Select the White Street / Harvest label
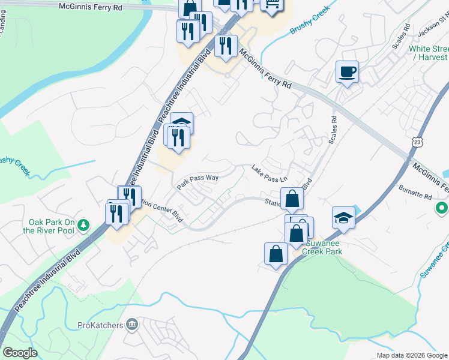428,53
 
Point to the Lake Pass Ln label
270,174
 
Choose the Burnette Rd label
415,192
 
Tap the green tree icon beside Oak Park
84,226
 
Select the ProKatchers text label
100,326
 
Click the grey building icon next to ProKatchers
133,326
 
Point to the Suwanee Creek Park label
324,248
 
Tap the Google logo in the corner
20,353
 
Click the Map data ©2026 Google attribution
412,355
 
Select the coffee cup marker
347,73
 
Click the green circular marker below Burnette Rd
442,208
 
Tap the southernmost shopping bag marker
276,253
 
